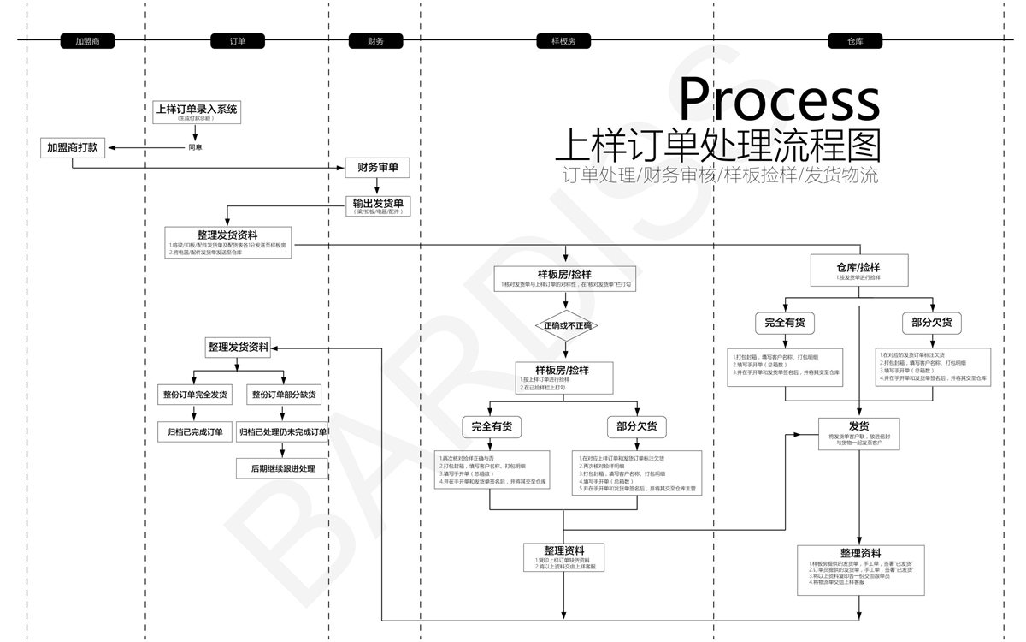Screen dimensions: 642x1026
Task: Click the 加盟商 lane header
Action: coord(87,40)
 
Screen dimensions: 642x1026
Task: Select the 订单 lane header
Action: coord(238,40)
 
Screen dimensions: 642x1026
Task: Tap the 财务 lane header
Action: coord(375,40)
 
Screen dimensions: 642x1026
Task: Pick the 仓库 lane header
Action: coord(855,40)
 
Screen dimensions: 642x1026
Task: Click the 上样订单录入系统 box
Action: coord(197,112)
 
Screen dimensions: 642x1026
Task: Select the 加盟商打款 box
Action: coord(73,147)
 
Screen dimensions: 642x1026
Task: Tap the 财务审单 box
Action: coord(377,167)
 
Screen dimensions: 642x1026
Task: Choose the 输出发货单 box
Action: coord(377,205)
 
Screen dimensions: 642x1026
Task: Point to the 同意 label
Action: coord(195,147)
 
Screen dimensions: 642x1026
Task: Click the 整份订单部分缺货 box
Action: coord(283,395)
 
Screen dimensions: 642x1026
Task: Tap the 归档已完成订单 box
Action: coord(195,431)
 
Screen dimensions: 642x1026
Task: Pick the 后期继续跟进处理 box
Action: coord(282,468)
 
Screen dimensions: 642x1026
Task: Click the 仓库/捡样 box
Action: coord(858,271)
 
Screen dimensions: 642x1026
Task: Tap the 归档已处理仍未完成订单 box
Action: coord(282,431)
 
